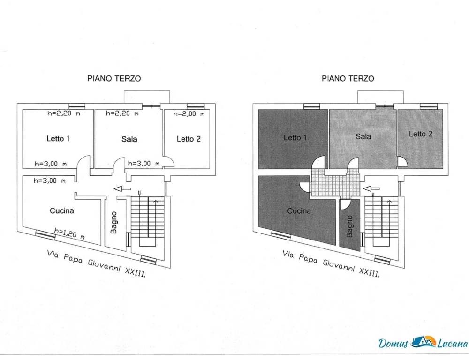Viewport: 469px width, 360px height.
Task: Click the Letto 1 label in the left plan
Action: click(58, 138)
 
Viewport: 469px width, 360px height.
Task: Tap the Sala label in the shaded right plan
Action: click(363, 137)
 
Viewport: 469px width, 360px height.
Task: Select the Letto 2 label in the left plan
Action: click(189, 139)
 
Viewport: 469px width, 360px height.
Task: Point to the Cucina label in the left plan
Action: click(61, 211)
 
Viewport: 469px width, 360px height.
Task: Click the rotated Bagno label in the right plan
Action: click(349, 226)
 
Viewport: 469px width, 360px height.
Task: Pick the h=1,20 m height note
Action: click(69, 233)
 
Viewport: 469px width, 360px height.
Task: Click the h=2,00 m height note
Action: click(189, 114)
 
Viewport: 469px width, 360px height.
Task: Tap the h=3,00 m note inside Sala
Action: click(144, 164)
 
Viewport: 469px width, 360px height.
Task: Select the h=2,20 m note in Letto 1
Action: click(64, 113)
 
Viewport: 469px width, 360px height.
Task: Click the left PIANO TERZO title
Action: click(114, 78)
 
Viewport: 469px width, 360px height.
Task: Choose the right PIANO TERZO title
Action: click(348, 78)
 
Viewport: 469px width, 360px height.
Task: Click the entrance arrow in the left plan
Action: click(122, 188)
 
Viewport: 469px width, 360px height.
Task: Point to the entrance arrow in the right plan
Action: click(371, 188)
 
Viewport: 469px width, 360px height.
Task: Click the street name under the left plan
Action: click(97, 264)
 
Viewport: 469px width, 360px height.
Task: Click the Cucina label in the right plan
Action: click(299, 211)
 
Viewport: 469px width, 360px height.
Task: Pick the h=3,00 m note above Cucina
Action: click(50, 180)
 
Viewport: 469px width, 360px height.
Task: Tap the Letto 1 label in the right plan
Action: click(295, 137)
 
